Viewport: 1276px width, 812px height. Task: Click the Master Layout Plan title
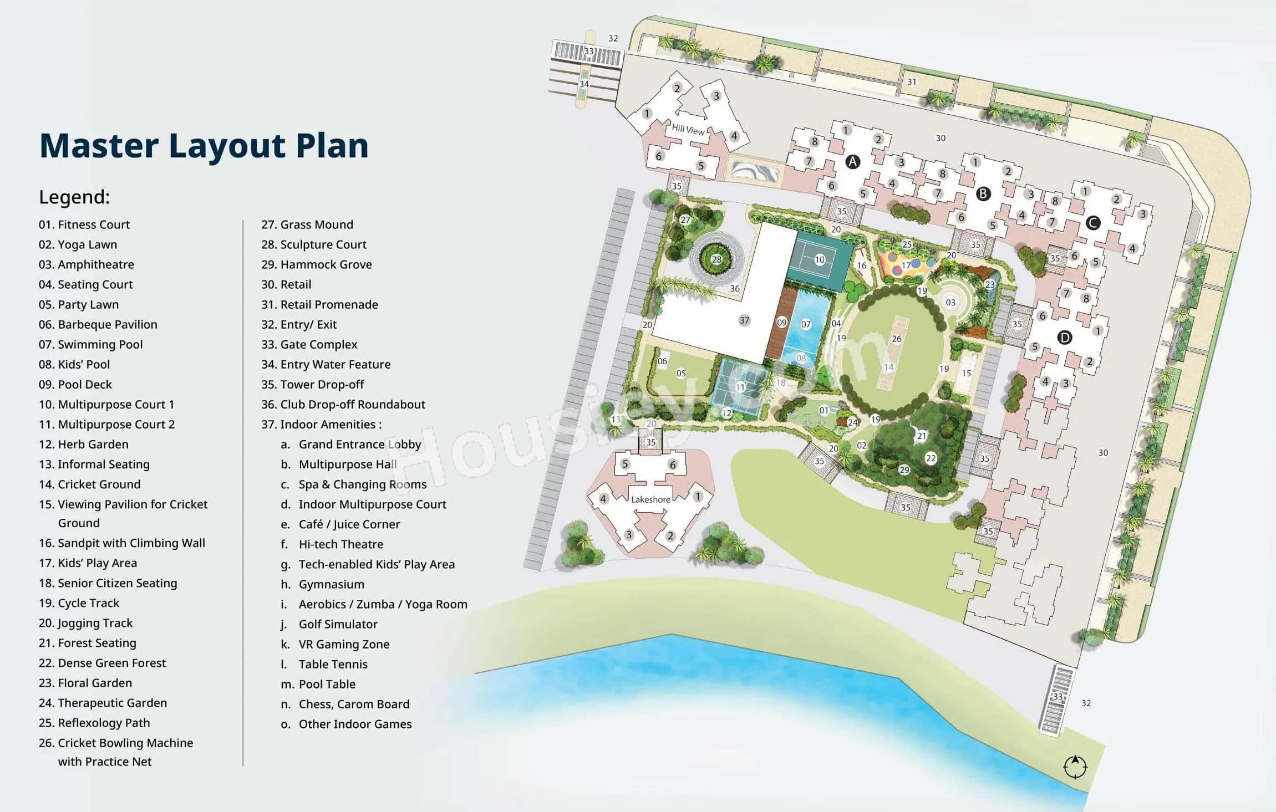click(x=204, y=146)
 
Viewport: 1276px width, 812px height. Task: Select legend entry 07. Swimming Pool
click(x=91, y=344)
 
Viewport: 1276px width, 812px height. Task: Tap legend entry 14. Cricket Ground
click(x=90, y=484)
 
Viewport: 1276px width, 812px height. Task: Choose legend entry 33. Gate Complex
click(x=309, y=344)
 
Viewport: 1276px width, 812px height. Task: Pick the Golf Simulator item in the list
click(x=338, y=624)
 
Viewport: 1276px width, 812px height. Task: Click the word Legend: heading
click(x=74, y=197)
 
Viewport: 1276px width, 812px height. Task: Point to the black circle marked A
click(x=852, y=162)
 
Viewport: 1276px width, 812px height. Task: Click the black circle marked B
click(x=983, y=193)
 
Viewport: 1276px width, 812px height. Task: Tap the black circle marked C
click(x=1092, y=223)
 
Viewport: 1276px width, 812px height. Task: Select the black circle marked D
click(x=1064, y=337)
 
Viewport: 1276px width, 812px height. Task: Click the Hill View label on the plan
click(x=688, y=130)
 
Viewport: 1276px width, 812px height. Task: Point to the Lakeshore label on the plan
click(x=650, y=499)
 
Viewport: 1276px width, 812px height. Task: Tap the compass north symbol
click(x=1075, y=767)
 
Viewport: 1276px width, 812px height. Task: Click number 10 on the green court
click(x=820, y=259)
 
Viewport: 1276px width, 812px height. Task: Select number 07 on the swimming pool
click(x=806, y=324)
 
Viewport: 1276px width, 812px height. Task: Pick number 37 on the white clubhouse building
click(x=744, y=320)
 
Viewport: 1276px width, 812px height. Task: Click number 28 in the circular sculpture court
click(x=716, y=259)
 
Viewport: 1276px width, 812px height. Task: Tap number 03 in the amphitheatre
click(x=950, y=302)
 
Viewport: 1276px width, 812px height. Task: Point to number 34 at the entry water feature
click(x=584, y=84)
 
